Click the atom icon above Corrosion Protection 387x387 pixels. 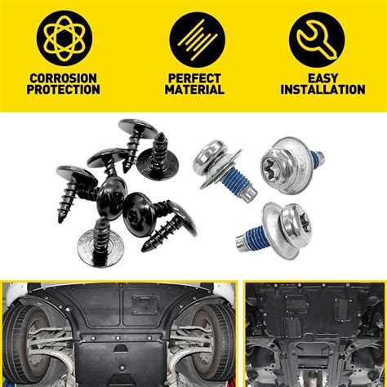(x=64, y=38)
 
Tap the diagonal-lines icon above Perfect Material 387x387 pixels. (x=197, y=39)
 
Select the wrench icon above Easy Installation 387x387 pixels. (x=317, y=40)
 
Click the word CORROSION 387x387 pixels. (x=63, y=78)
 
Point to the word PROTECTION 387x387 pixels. (x=63, y=90)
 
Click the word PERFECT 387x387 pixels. (x=194, y=78)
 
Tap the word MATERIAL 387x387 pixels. (x=194, y=90)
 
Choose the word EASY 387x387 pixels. (x=322, y=78)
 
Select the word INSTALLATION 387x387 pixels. (x=322, y=90)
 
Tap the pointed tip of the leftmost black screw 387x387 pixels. (x=60, y=220)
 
